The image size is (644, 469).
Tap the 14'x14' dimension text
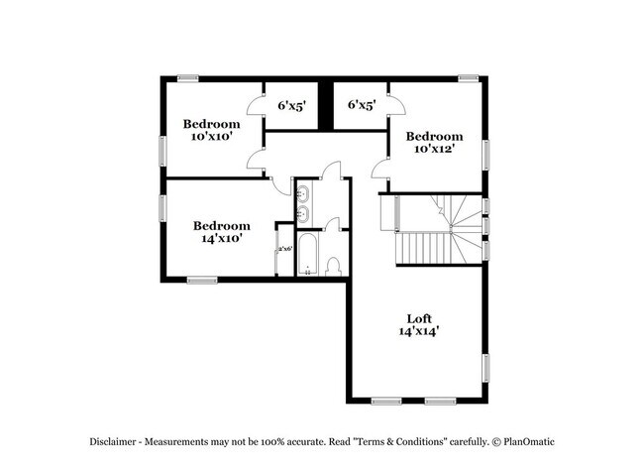pos(420,332)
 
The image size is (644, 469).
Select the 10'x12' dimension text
pos(434,149)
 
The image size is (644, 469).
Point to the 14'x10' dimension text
pos(221,238)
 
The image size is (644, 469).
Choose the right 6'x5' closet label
pos(362,104)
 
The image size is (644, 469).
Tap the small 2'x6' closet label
pos(284,249)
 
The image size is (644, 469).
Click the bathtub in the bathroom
pos(308,257)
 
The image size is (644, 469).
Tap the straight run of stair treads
pos(421,248)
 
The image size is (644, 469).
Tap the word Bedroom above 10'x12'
pos(434,136)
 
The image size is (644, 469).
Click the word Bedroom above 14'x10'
pos(221,225)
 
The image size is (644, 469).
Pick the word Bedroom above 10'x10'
pos(211,124)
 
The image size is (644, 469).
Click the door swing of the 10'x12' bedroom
pos(381,170)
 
